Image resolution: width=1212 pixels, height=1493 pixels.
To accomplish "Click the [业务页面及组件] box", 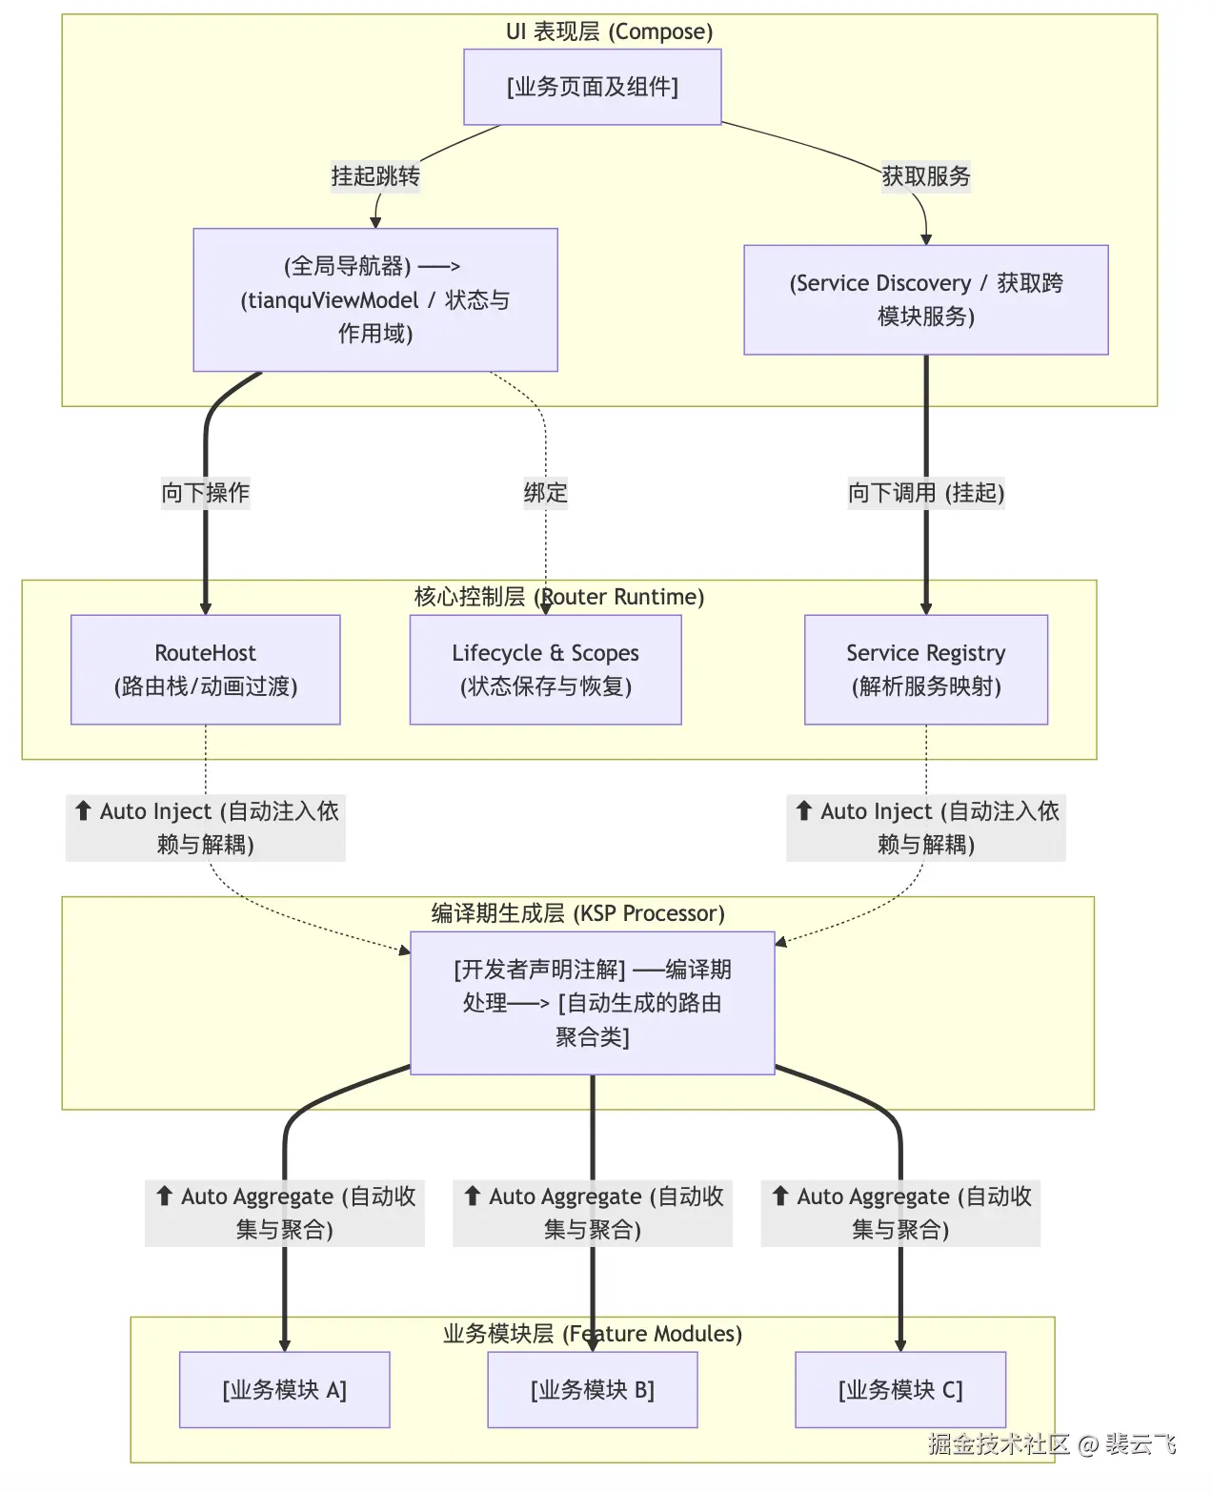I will tap(592, 87).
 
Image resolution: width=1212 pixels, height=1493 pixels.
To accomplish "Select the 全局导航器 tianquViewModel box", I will tap(374, 299).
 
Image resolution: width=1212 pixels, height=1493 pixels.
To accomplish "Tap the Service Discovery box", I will tap(925, 299).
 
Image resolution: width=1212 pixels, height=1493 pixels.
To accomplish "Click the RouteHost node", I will tap(205, 669).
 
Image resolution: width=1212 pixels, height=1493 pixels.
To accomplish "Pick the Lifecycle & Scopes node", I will tap(545, 669).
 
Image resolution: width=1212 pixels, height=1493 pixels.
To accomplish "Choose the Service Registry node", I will tap(925, 669).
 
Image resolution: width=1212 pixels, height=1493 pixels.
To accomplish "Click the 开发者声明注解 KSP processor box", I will tap(592, 1003).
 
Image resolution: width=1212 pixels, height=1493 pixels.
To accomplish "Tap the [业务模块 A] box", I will tap(284, 1389).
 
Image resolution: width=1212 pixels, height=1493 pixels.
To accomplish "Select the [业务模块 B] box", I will tap(592, 1389).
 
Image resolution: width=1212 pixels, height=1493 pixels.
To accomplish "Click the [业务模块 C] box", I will tap(899, 1389).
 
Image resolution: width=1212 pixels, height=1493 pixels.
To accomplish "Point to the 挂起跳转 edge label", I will tap(374, 176).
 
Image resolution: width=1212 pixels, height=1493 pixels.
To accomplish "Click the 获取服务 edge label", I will tap(925, 176).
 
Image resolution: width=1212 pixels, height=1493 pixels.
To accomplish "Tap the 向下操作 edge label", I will tap(205, 493).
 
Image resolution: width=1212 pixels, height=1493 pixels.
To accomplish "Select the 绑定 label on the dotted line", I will tap(545, 493).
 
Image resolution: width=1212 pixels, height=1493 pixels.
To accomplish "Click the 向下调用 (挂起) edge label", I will tap(925, 493).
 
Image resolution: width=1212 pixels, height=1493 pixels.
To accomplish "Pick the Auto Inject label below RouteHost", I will tap(205, 828).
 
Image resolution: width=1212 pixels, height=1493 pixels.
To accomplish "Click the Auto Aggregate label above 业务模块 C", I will tap(899, 1213).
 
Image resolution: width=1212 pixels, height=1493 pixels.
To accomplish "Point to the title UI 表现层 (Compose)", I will tap(609, 31).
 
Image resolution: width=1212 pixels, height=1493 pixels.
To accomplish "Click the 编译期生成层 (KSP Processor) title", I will tap(577, 913).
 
